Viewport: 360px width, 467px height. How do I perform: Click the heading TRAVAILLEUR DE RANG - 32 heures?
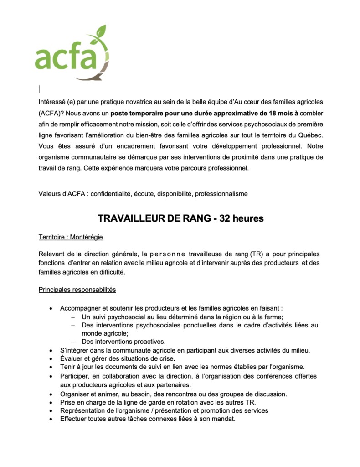pos(180,218)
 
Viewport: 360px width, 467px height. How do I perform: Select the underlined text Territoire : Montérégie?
pos(71,238)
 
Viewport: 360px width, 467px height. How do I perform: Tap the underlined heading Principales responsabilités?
pos(77,290)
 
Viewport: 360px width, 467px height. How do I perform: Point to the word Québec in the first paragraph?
pos(309,135)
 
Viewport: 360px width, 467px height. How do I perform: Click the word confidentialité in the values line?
pos(111,194)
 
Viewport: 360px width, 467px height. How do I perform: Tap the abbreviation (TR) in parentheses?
pos(257,254)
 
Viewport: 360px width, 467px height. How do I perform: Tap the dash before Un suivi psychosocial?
pos(72,317)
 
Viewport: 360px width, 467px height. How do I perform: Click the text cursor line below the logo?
pos(39,89)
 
